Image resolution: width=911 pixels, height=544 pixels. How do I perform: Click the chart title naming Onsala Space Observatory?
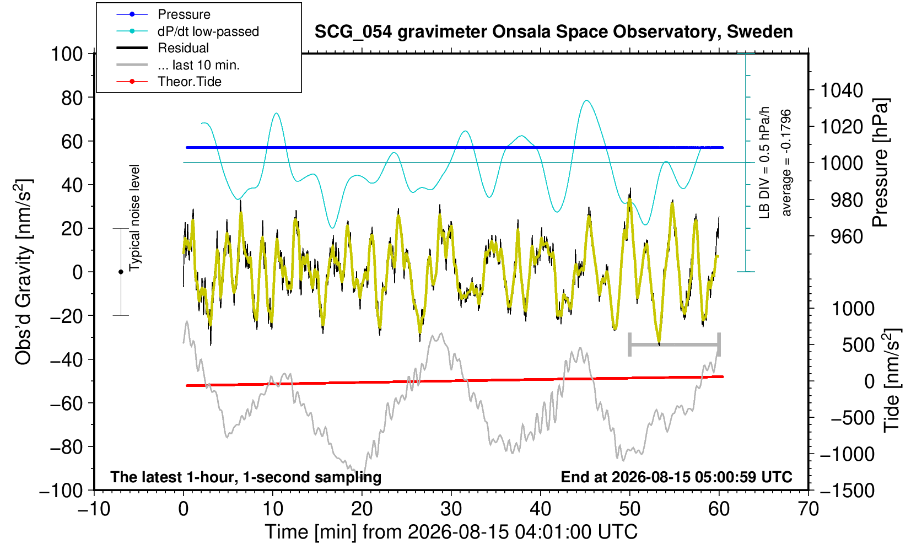(553, 32)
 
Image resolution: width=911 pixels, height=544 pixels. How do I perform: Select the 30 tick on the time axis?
(451, 509)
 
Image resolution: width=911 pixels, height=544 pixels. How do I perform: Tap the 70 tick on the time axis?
(808, 509)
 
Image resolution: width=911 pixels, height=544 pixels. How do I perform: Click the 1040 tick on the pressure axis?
(842, 90)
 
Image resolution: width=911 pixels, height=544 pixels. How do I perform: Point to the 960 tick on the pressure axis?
(847, 236)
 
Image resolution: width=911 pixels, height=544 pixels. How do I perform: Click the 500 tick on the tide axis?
(858, 345)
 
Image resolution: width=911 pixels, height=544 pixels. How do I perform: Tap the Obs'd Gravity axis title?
(23, 272)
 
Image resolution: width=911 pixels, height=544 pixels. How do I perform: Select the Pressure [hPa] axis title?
(880, 163)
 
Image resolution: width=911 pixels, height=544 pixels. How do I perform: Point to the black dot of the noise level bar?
(121, 272)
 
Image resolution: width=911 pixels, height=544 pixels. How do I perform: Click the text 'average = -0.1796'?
(786, 163)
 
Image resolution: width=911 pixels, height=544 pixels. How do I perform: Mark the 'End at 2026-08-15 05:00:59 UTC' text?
(676, 477)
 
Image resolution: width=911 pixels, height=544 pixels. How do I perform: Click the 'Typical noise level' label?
(134, 218)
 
